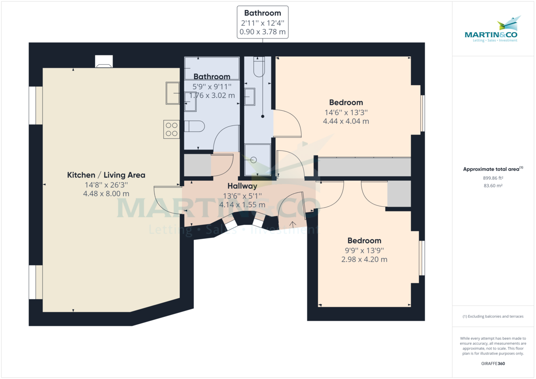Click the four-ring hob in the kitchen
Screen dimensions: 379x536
coord(172,129)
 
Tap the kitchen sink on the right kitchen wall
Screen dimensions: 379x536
coord(172,93)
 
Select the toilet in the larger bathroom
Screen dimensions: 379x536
coord(194,127)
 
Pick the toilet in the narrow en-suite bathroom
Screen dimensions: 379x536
coord(259,67)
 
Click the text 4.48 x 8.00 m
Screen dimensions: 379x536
coord(106,194)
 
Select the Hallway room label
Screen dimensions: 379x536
coord(242,186)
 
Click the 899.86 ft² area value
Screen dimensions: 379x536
coord(494,177)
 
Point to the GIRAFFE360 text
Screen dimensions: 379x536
coord(494,364)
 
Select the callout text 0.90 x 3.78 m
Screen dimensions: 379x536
coord(262,32)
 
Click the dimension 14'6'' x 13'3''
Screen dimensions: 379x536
coord(346,112)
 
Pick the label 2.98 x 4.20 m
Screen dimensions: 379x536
coord(364,259)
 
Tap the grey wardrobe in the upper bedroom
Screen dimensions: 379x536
coord(364,167)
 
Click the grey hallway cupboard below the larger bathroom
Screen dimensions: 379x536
coord(197,165)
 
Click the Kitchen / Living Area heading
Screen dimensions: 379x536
coord(106,175)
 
